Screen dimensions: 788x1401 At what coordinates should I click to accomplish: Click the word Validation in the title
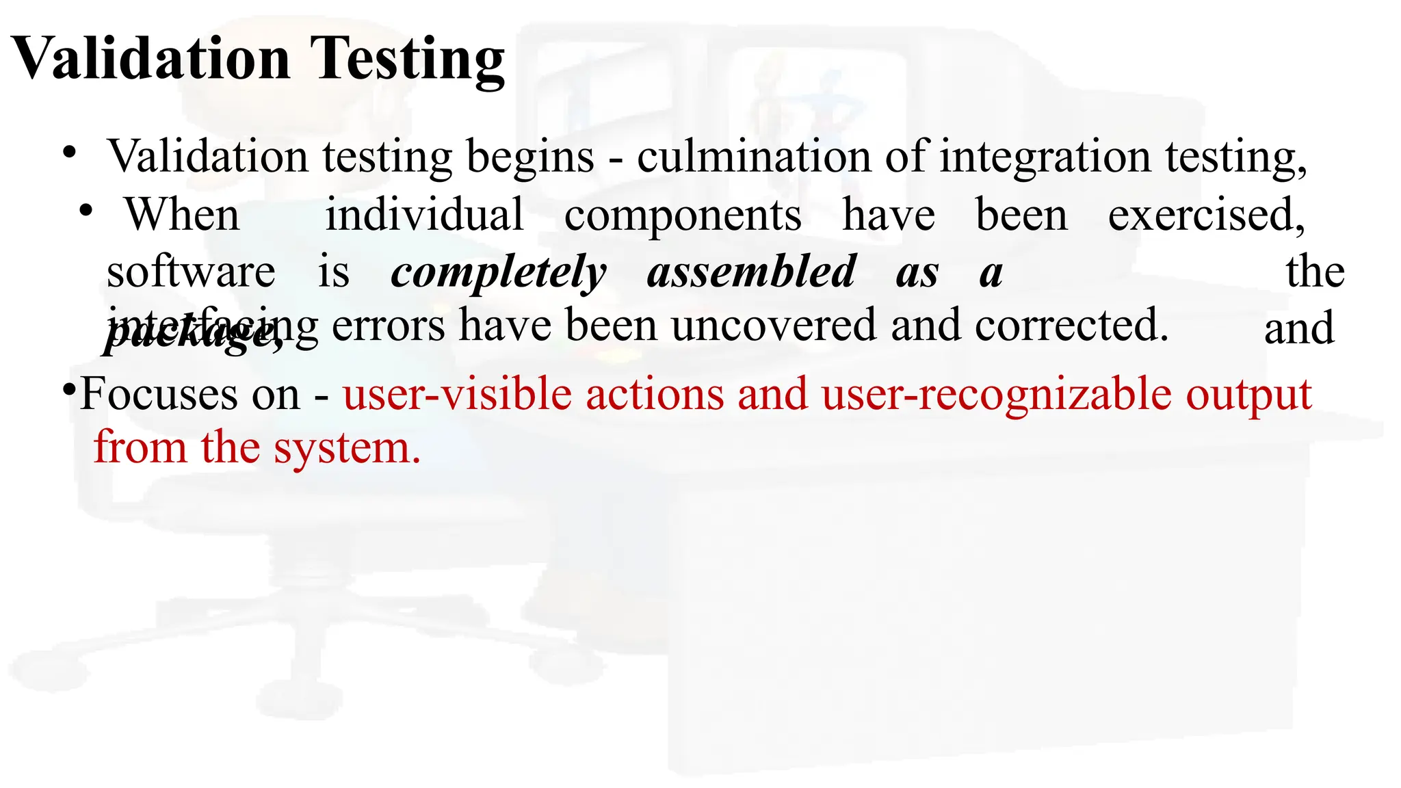pos(151,59)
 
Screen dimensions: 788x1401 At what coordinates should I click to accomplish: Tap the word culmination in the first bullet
pos(753,157)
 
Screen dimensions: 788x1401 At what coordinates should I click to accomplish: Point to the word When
pos(182,215)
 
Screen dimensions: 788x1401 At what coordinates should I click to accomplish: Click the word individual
pos(424,215)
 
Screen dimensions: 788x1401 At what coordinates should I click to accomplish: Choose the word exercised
pos(1206,215)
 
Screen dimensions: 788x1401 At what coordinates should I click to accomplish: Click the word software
pos(191,272)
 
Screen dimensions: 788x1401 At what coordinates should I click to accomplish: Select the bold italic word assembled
pos(751,272)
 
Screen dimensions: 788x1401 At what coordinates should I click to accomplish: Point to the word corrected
pos(1071,325)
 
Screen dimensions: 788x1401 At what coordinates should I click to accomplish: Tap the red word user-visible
pos(457,395)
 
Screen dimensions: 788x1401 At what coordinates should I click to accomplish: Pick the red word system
pos(347,449)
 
